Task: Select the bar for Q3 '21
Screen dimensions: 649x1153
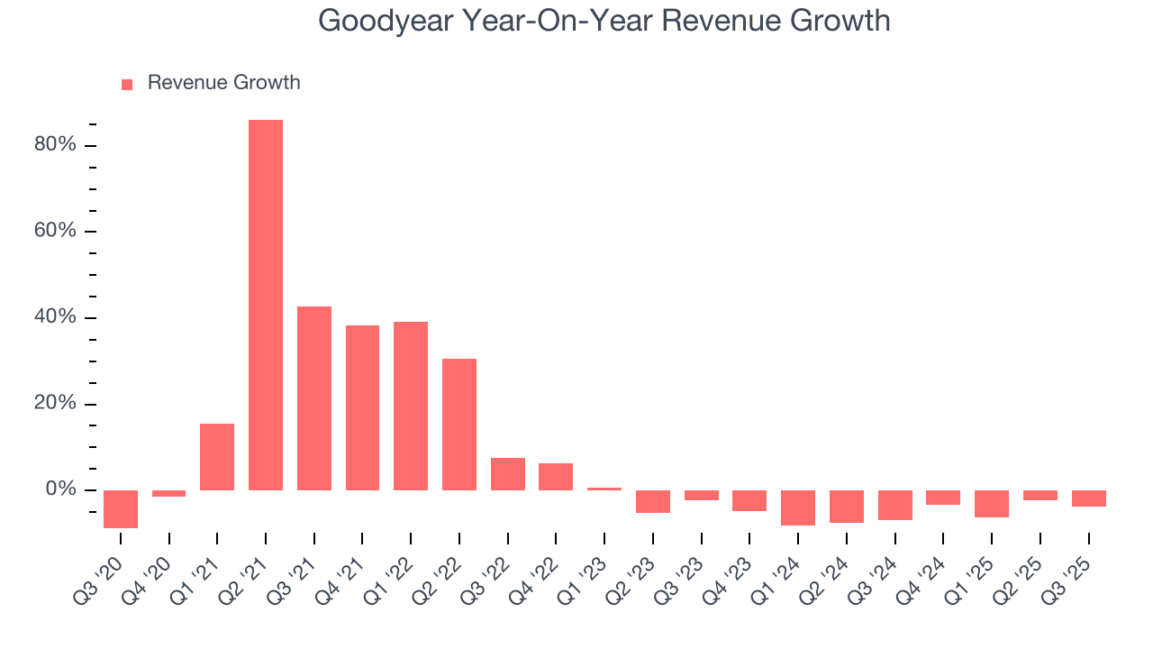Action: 314,398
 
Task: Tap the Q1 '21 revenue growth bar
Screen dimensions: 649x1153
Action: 217,457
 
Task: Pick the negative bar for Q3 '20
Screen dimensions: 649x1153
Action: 121,509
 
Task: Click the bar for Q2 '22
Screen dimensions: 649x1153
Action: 459,425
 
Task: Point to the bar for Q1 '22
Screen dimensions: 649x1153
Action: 411,406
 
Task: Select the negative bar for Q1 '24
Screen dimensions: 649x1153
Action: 798,507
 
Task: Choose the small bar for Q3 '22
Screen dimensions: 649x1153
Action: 508,474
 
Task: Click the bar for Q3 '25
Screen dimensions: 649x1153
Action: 1088,498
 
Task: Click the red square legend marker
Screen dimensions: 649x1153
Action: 127,84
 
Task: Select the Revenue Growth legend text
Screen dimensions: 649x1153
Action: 223,83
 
